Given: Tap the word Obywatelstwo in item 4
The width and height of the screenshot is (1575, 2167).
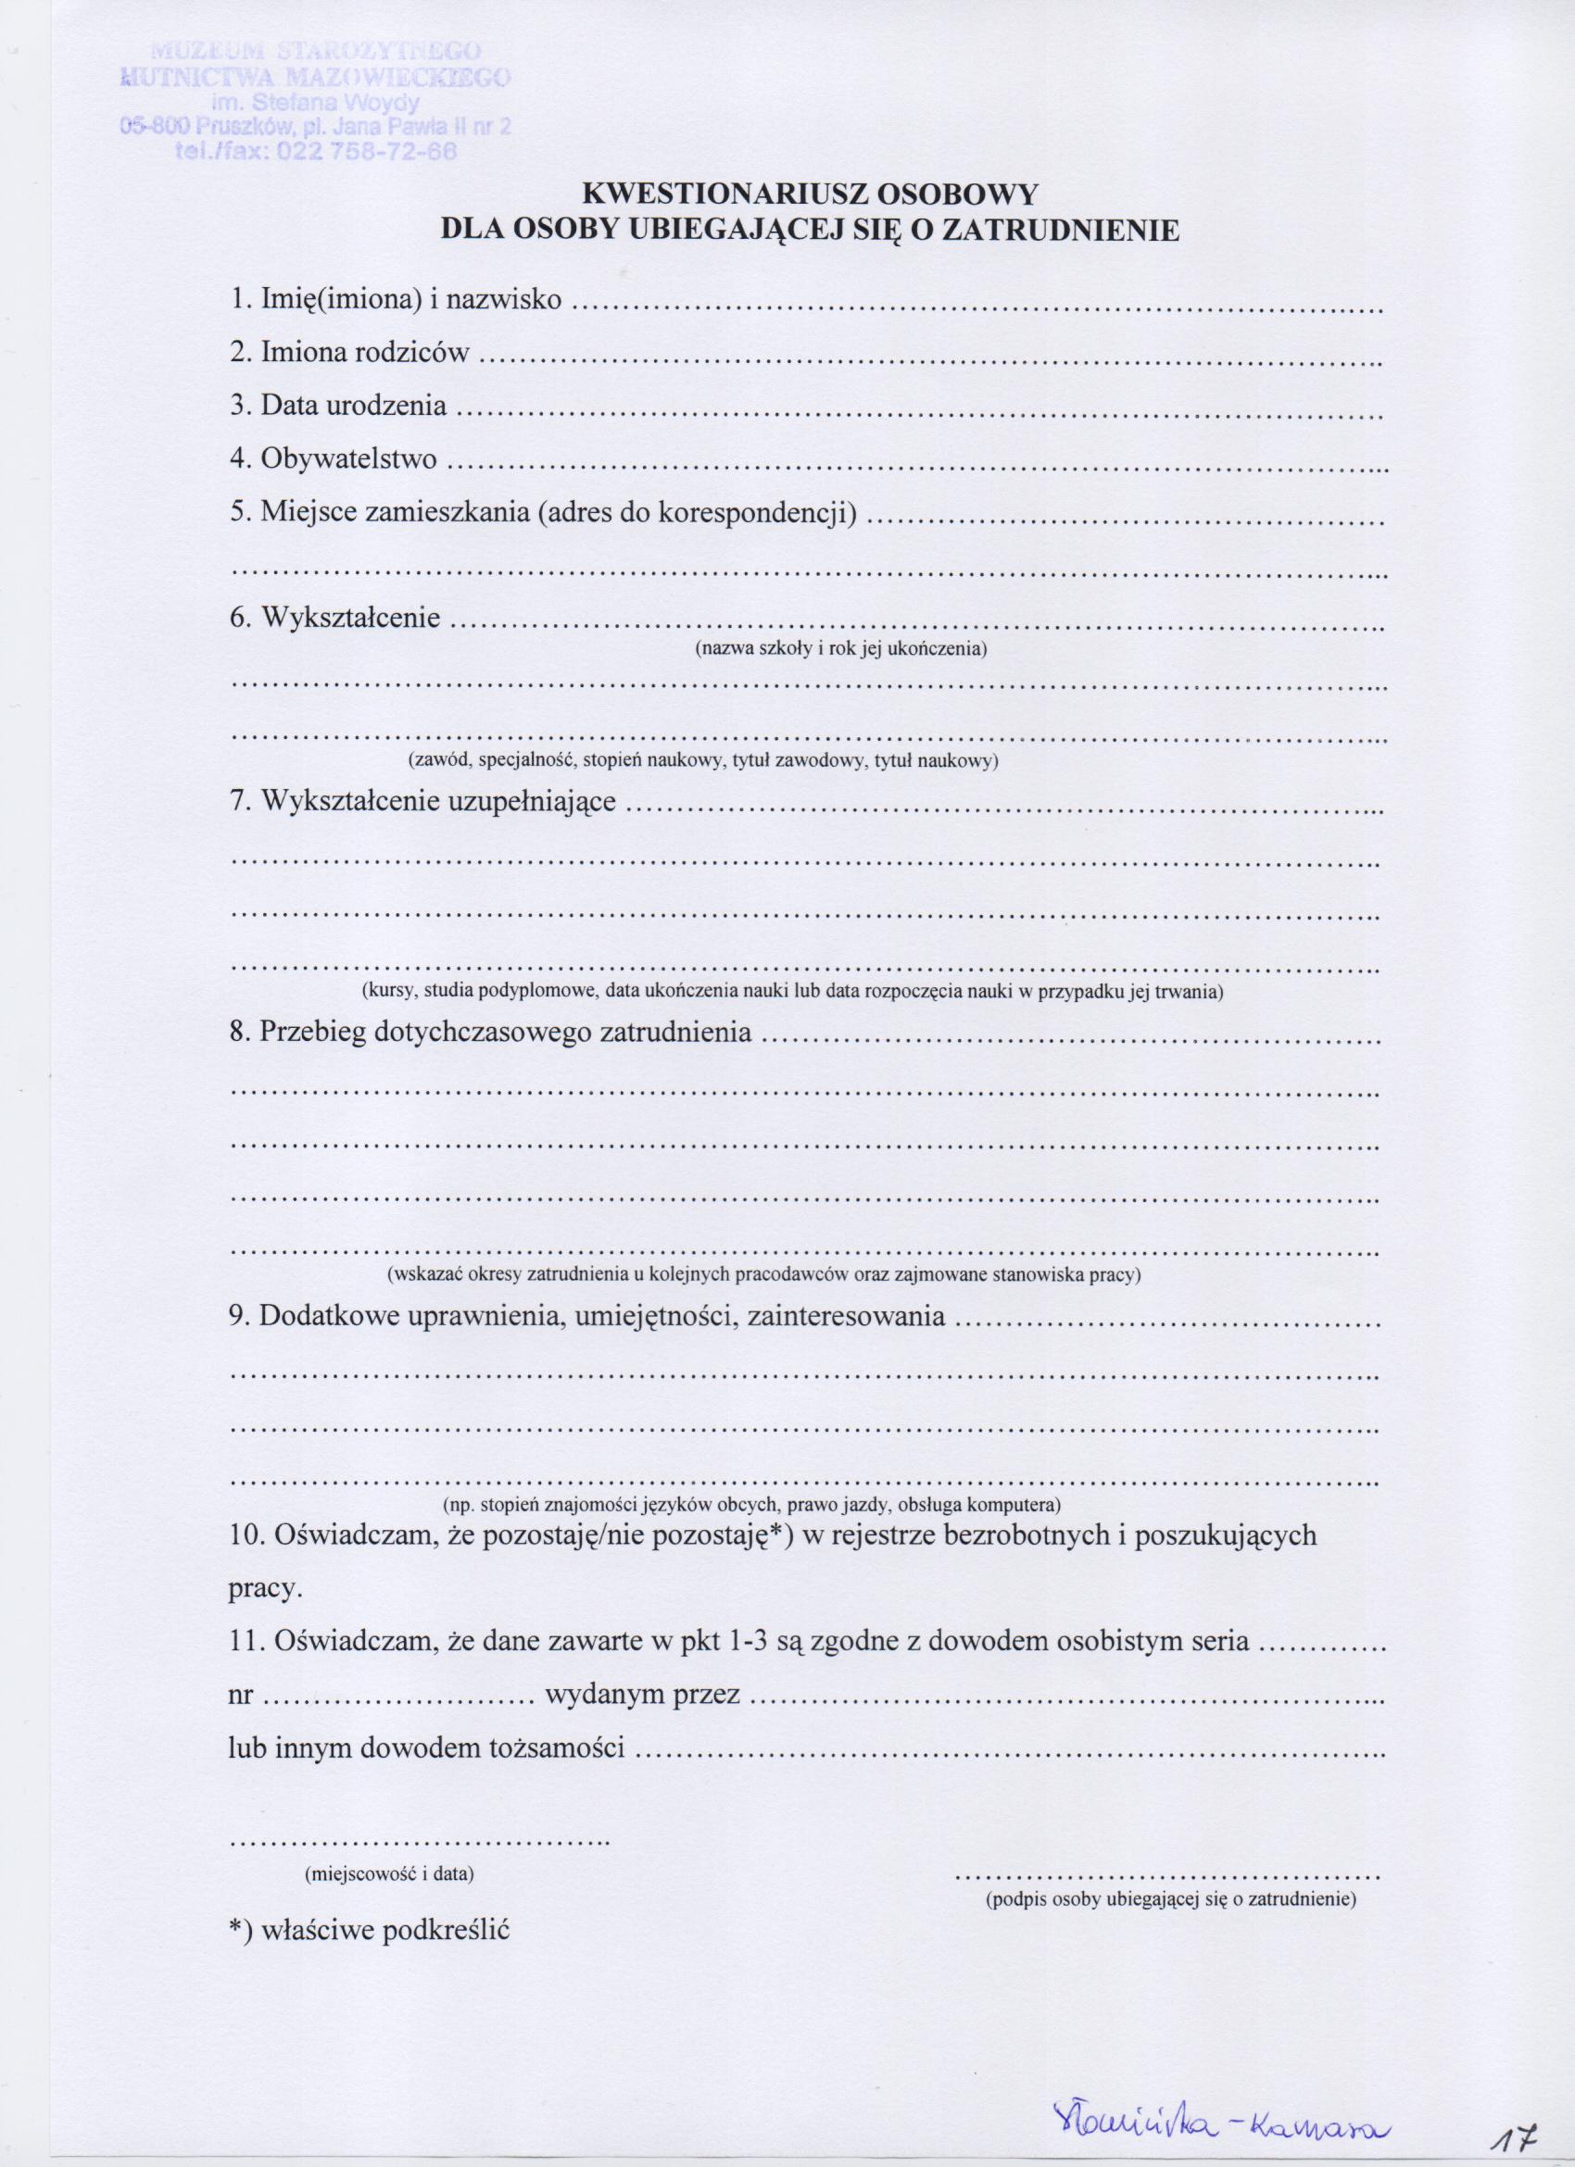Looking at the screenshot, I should (x=347, y=459).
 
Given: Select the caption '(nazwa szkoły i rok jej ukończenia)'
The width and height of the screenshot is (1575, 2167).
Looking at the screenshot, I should (x=840, y=650).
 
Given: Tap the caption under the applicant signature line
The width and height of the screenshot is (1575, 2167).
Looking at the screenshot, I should (x=1171, y=1873).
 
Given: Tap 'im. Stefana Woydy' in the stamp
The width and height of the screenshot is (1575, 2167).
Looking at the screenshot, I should (x=312, y=104).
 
